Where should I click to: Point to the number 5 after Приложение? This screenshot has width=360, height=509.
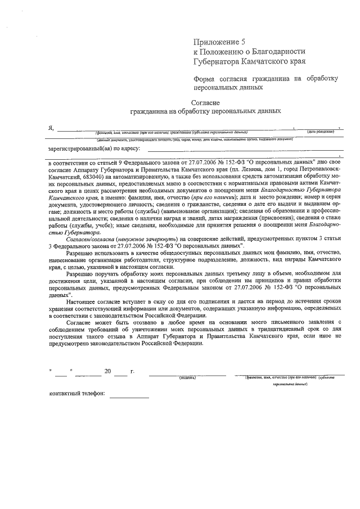point(244,42)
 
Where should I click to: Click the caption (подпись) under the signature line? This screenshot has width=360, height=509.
point(187,377)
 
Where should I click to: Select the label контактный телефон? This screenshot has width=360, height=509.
point(77,394)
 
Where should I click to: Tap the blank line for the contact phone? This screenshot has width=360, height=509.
point(129,396)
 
